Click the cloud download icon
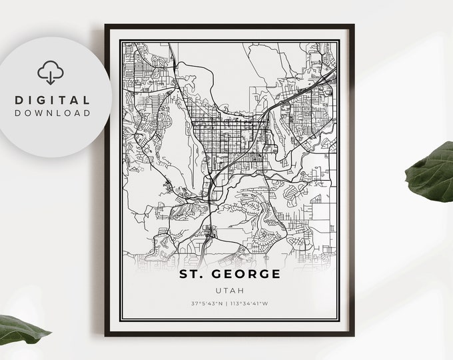(x=51, y=71)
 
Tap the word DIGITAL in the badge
(x=52, y=99)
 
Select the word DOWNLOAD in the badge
(x=52, y=113)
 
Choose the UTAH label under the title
(x=230, y=290)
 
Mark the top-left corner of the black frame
(x=106, y=26)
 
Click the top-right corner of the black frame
(x=353, y=26)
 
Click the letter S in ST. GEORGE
(x=183, y=273)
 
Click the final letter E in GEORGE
(x=276, y=273)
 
